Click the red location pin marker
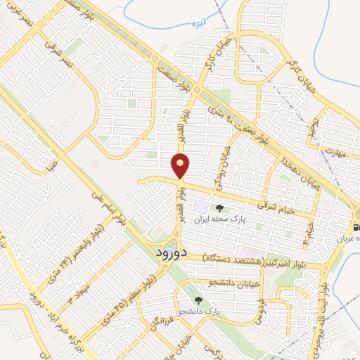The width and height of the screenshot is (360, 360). pyautogui.click(x=181, y=165)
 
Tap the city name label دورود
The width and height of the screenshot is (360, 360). pyautogui.click(x=169, y=252)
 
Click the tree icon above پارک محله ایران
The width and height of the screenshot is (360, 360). pyautogui.click(x=219, y=207)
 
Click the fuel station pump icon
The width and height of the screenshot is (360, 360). pyautogui.click(x=355, y=226)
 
